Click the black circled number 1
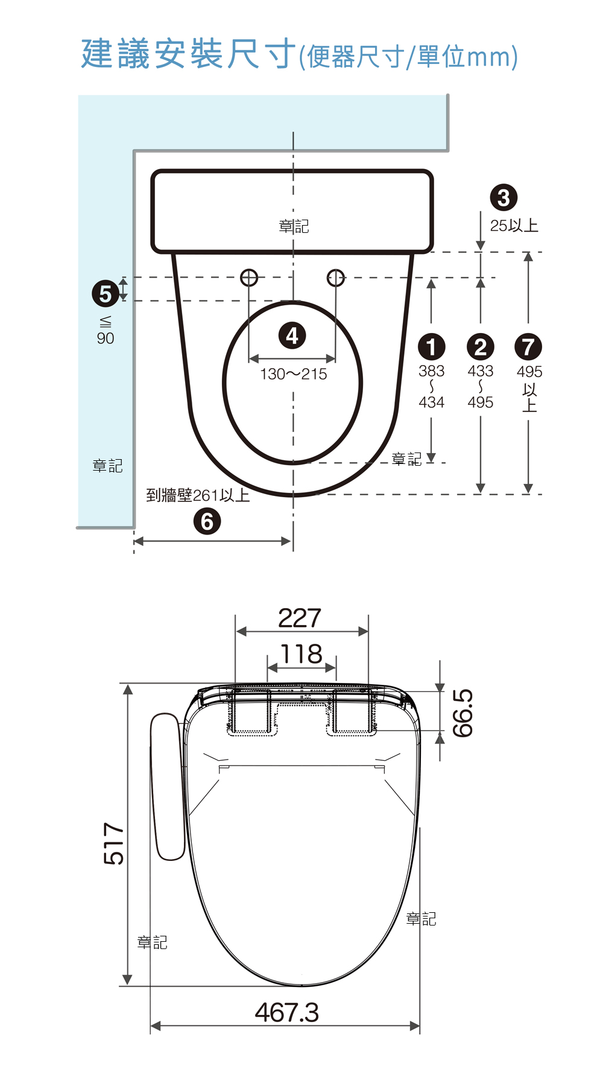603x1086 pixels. (x=431, y=347)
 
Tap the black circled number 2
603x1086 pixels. (x=481, y=347)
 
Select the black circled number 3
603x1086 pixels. (x=504, y=197)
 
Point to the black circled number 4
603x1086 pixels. (x=292, y=335)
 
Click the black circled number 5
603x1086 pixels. (x=106, y=294)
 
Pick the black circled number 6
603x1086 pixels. (x=207, y=522)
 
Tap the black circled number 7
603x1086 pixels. (x=528, y=347)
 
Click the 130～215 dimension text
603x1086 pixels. (x=294, y=374)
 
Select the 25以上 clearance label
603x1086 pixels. (x=514, y=226)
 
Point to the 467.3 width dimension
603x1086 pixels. (x=287, y=1012)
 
